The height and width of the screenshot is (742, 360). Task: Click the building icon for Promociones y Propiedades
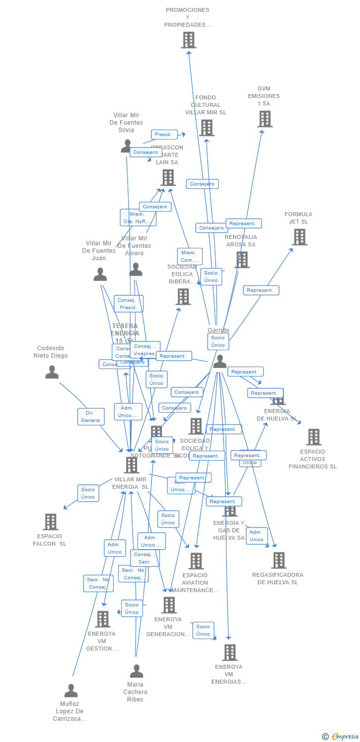pos(188,40)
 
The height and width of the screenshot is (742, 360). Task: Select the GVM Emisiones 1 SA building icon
pos(265,119)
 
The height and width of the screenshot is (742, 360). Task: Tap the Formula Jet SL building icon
pos(299,237)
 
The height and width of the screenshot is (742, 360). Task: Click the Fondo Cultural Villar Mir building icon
pos(206,128)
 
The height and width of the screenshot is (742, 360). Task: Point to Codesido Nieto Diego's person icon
pos(52,372)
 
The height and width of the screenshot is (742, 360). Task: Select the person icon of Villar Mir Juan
pos(100,274)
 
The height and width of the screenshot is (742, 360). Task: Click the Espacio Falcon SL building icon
pos(50,522)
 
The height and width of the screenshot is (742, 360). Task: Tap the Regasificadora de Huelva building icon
pos(278,560)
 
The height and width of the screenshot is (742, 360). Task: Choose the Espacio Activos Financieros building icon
pos(314,437)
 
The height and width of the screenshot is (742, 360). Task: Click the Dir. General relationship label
pos(91,417)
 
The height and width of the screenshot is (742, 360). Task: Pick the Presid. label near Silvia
pos(164,135)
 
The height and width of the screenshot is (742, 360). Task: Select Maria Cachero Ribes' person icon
pos(136,671)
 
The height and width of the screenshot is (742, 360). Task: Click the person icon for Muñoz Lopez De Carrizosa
pos(71,691)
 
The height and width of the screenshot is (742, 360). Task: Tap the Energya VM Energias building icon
pos(229,652)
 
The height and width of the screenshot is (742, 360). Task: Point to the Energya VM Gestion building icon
pos(102,619)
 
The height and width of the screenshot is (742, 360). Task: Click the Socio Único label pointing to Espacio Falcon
pos(88,493)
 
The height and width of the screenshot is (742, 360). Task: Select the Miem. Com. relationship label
pos(189,257)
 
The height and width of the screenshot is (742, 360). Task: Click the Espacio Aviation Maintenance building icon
pos(196,561)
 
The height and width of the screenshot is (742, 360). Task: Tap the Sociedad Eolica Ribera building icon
pos(183,297)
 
